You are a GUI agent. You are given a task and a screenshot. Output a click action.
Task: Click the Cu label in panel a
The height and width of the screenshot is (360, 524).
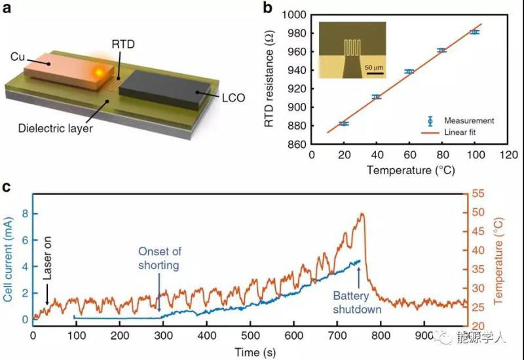click(x=18, y=58)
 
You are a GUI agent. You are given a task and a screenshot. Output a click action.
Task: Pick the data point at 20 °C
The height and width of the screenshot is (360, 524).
click(x=344, y=123)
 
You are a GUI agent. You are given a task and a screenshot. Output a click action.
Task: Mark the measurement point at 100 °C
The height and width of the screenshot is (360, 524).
click(x=475, y=31)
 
